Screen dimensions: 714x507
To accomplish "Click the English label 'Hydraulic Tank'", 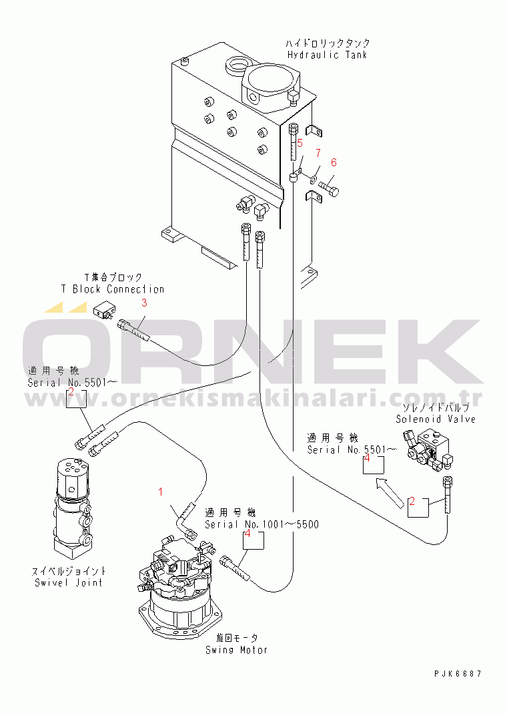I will (x=327, y=55).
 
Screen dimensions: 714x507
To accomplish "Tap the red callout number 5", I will (x=300, y=143).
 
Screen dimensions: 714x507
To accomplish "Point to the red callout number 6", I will (x=334, y=162).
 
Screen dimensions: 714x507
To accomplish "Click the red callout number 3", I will (x=143, y=303).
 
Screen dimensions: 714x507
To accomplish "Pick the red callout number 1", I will (x=160, y=492).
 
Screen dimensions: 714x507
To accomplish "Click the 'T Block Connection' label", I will (x=113, y=289).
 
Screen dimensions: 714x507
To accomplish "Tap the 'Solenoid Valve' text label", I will (x=436, y=419).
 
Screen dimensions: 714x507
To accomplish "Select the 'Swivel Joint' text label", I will (x=69, y=582).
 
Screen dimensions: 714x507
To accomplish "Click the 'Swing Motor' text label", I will (x=236, y=649).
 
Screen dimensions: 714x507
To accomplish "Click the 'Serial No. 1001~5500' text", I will (x=262, y=524).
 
